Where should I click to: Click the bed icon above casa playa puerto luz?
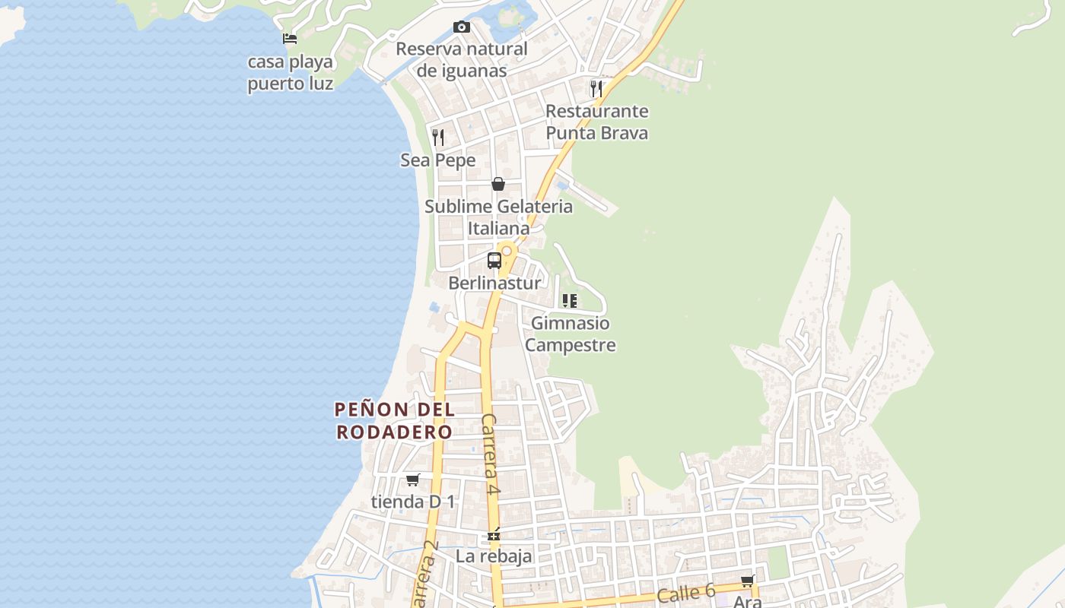(290, 39)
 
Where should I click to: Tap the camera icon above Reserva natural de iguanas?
(461, 27)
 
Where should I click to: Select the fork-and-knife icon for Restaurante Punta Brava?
(596, 89)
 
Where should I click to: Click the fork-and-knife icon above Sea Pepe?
(438, 138)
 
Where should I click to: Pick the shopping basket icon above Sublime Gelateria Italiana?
(498, 184)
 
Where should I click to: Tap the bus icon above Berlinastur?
(494, 261)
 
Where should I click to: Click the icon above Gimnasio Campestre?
(570, 301)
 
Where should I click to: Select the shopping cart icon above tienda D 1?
(412, 480)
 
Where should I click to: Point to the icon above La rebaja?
(494, 535)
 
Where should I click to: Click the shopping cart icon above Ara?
(747, 581)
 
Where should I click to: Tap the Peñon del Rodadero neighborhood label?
(395, 420)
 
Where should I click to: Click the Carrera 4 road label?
(491, 454)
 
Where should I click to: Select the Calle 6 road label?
(686, 593)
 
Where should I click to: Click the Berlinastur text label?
(494, 283)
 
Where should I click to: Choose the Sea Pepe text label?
(438, 160)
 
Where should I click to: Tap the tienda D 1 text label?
(412, 502)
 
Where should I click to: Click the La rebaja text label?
(494, 556)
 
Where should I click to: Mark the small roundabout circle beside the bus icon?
(507, 251)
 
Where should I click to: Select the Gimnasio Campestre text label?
(570, 334)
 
